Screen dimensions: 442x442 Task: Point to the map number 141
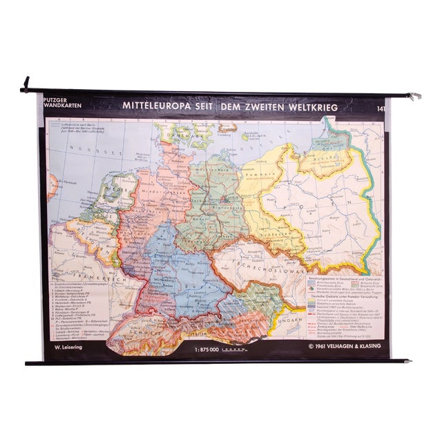coord(381,107)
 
